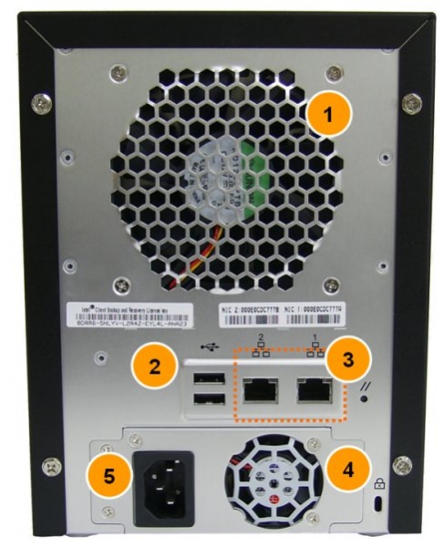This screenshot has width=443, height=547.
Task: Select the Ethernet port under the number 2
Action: point(260,390)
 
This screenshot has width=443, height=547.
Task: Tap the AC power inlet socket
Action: point(164,487)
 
